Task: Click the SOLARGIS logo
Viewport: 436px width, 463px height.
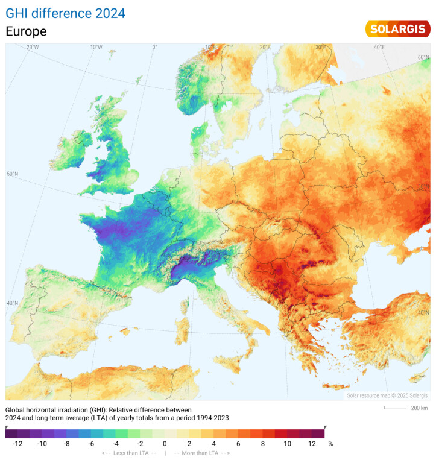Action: tap(397, 28)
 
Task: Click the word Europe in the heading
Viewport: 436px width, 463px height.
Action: tap(26, 31)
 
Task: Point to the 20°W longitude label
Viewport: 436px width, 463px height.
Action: tap(33, 47)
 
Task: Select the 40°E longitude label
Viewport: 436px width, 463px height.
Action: tap(379, 47)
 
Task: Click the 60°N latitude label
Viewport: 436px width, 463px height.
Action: tap(423, 58)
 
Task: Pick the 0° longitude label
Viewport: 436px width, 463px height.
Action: tap(154, 47)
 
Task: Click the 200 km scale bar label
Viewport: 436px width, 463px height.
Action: tap(419, 408)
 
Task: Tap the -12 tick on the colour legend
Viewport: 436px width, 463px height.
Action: tap(17, 443)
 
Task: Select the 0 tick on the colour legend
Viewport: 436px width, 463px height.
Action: tap(165, 443)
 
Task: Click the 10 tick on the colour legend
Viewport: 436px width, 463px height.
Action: tap(288, 443)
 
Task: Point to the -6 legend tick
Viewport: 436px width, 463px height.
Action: tap(90, 443)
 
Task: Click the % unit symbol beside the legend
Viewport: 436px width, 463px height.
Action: tap(330, 443)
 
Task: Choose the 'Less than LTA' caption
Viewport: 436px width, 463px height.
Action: tap(128, 453)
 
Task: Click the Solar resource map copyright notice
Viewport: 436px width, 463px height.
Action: tap(387, 395)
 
